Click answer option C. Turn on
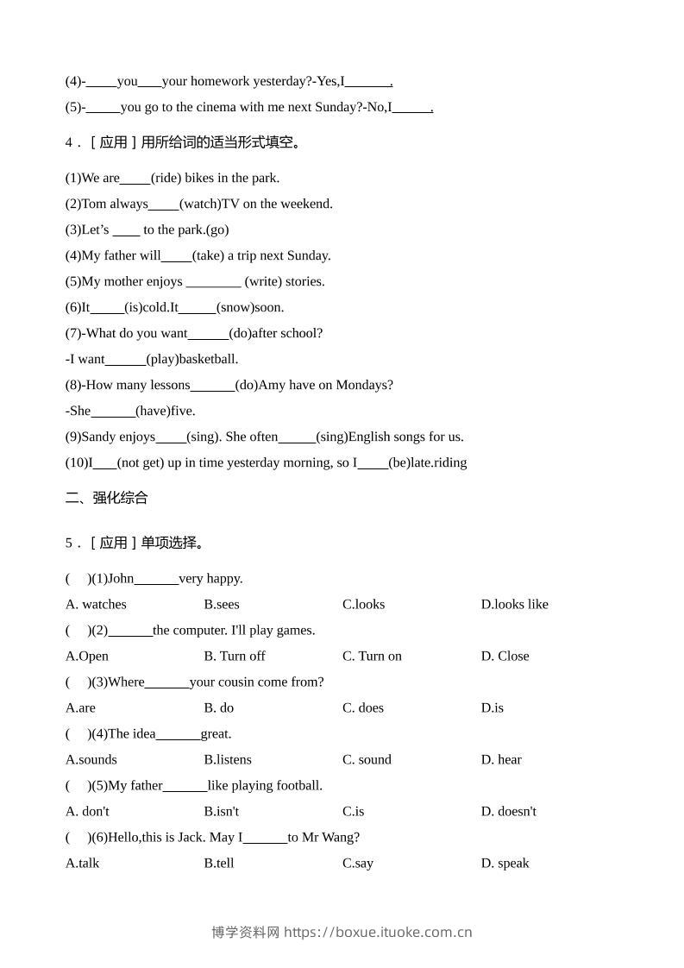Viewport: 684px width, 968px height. pos(372,656)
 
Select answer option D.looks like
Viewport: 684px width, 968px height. pos(514,604)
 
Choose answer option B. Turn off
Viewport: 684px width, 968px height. pos(235,656)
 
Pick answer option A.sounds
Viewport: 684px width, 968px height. pos(91,759)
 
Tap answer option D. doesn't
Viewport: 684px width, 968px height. pos(508,811)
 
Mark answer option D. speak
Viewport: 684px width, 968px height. pos(505,863)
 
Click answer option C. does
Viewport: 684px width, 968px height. pos(363,707)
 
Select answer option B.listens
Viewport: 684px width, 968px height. pos(228,759)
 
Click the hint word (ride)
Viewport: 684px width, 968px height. pos(166,178)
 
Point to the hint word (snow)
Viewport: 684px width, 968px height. pos(235,307)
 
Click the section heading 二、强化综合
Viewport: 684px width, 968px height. pos(107,498)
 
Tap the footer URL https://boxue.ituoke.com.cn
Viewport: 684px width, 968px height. pos(378,932)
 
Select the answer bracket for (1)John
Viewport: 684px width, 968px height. pos(78,578)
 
